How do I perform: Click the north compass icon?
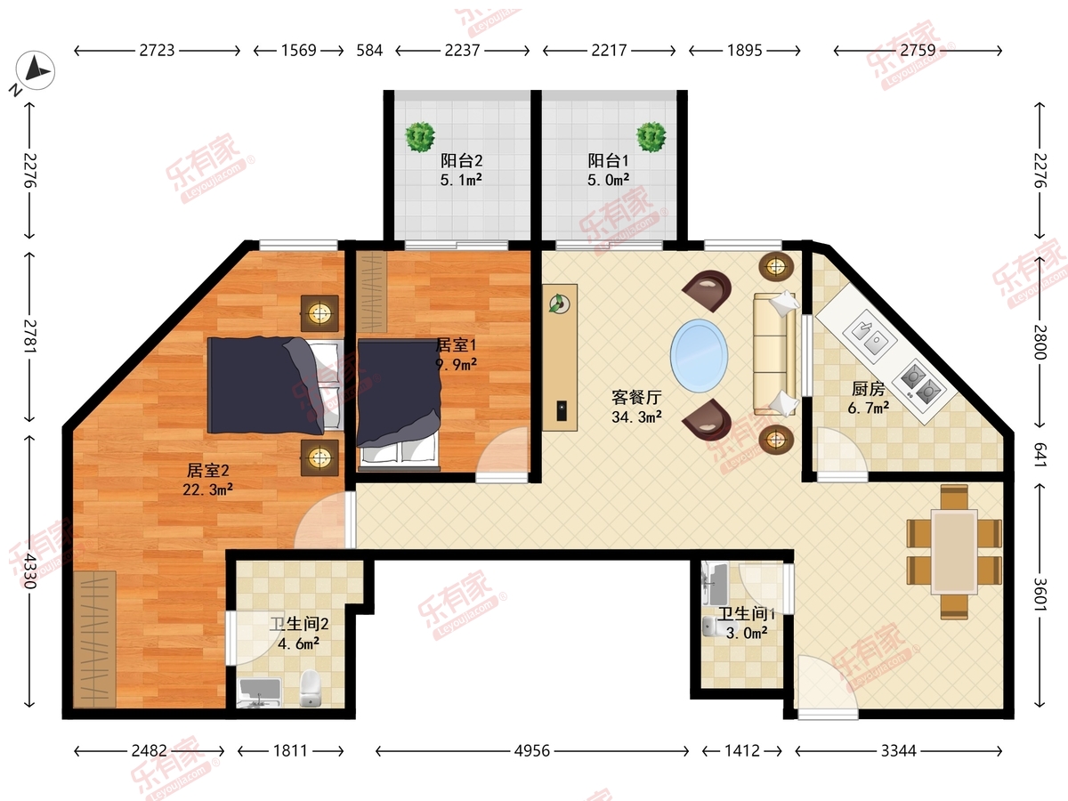pyautogui.click(x=35, y=70)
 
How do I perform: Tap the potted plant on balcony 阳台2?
pyautogui.click(x=420, y=137)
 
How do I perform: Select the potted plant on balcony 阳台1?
pyautogui.click(x=651, y=137)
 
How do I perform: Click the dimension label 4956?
pyautogui.click(x=532, y=751)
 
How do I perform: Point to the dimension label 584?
pyautogui.click(x=369, y=50)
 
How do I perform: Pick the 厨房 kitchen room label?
pyautogui.click(x=869, y=389)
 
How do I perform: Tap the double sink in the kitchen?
pyautogui.click(x=870, y=336)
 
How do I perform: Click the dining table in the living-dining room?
pyautogui.click(x=954, y=552)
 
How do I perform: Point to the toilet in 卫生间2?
pyautogui.click(x=310, y=688)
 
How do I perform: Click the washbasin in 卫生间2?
pyautogui.click(x=259, y=692)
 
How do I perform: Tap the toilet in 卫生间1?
pyautogui.click(x=714, y=627)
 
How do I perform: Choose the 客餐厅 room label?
pyautogui.click(x=636, y=397)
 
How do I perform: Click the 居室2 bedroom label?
pyautogui.click(x=207, y=470)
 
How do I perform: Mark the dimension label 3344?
pyautogui.click(x=899, y=751)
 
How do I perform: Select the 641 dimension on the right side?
pyautogui.click(x=1039, y=455)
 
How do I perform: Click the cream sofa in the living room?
pyautogui.click(x=774, y=353)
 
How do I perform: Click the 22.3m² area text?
pyautogui.click(x=207, y=489)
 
